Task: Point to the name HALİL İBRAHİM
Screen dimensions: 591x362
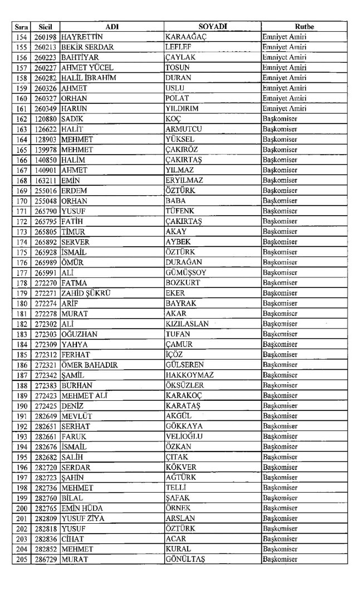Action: tap(89, 78)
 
